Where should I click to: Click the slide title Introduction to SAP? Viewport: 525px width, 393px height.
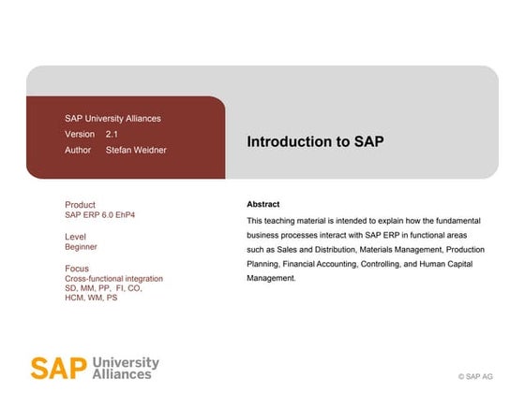tap(315, 141)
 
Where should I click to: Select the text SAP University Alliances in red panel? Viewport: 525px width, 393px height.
tap(112, 119)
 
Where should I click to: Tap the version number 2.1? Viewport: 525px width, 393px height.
tap(112, 135)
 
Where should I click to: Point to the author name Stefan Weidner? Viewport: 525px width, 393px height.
tap(136, 150)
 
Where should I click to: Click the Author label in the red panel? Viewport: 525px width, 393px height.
tap(79, 150)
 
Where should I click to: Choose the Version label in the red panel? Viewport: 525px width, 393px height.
tap(80, 135)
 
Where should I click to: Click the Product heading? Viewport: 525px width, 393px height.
tap(80, 205)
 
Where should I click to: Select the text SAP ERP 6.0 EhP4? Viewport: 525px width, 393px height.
tap(100, 215)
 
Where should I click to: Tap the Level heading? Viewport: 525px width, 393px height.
tap(75, 237)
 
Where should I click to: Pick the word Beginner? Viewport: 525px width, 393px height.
tap(81, 247)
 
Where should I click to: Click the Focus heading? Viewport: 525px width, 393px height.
tap(77, 269)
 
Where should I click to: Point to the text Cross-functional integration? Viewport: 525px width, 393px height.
tap(113, 279)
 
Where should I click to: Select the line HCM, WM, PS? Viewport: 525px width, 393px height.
tap(91, 298)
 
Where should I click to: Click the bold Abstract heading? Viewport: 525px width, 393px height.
tap(262, 204)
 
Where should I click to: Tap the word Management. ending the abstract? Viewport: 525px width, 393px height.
tap(271, 278)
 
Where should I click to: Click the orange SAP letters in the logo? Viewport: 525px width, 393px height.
tap(52, 367)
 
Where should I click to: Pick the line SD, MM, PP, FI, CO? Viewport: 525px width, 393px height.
tap(103, 288)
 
